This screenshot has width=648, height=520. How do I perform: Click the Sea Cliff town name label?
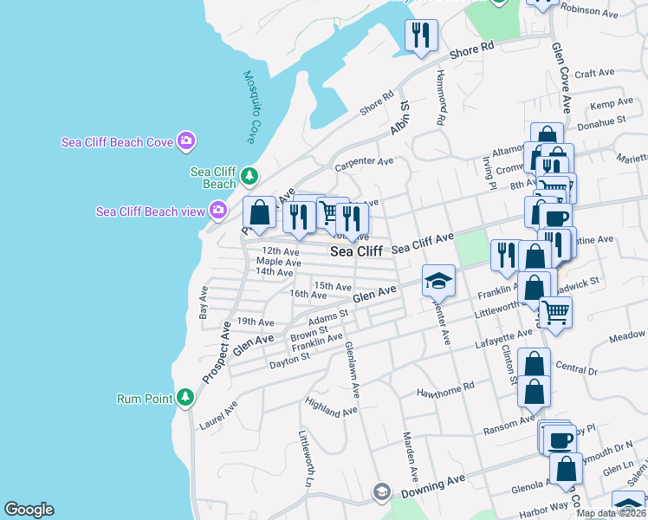(x=357, y=251)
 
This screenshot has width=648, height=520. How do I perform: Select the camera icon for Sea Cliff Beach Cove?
(x=185, y=140)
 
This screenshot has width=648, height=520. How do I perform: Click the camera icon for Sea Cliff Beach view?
(x=218, y=210)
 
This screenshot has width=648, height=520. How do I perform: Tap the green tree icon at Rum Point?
(x=185, y=397)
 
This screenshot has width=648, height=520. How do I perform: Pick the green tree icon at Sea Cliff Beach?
(x=249, y=176)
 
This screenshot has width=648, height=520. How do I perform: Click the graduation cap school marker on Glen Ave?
(x=438, y=281)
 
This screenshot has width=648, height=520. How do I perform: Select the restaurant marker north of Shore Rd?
(x=421, y=36)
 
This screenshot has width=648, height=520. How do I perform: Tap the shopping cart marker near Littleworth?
(x=555, y=310)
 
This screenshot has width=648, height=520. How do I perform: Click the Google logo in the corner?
(x=29, y=510)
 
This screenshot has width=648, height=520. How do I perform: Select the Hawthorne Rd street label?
(x=446, y=387)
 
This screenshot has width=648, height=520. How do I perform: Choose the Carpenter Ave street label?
(x=365, y=161)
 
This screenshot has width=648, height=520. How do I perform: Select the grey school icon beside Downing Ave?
(x=381, y=492)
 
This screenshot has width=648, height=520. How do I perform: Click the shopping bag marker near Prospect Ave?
(x=259, y=212)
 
